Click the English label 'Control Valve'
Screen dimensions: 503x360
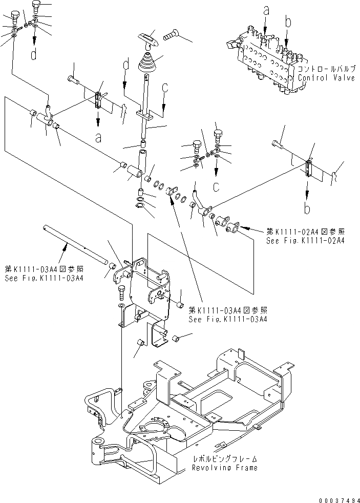click(326, 78)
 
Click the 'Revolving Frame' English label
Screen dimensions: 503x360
click(225, 468)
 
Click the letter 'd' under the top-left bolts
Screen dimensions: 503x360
click(34, 55)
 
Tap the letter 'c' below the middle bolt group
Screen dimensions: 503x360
click(217, 186)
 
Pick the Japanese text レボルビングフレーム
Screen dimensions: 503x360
click(225, 459)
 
